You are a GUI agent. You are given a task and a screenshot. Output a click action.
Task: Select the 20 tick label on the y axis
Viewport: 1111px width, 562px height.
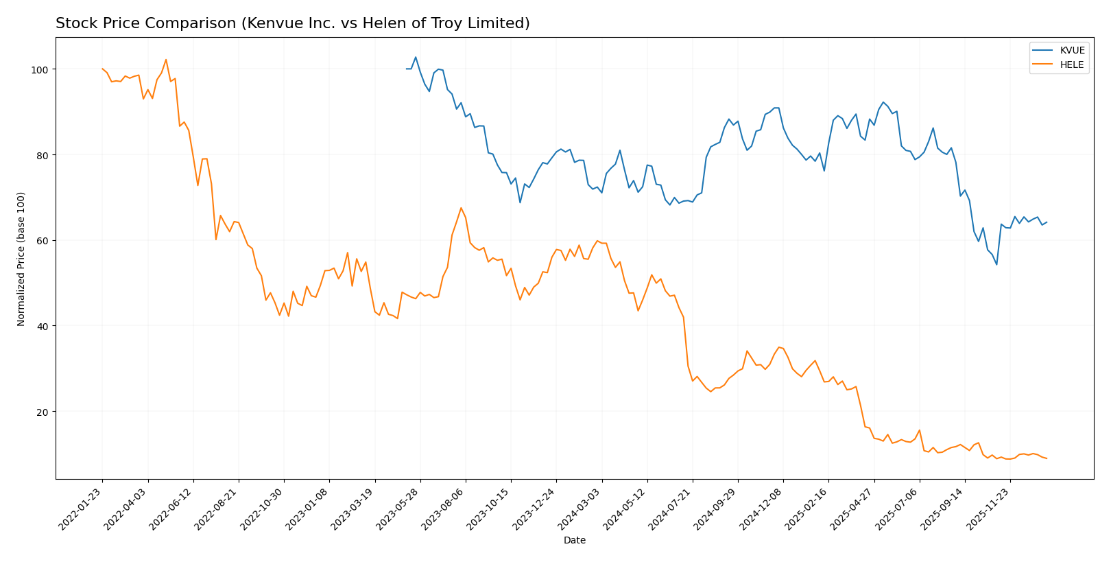(x=43, y=412)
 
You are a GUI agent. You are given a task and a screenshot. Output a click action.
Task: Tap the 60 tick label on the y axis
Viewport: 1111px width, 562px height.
(x=43, y=241)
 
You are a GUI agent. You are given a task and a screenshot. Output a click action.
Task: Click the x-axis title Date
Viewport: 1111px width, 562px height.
(x=575, y=541)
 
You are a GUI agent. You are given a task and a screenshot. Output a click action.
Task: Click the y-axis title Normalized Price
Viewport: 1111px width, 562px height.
(x=21, y=259)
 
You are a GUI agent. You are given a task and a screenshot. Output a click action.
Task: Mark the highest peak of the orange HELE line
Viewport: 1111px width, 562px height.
(x=166, y=59)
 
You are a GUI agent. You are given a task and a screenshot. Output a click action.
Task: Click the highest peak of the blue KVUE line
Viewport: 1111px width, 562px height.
(x=416, y=57)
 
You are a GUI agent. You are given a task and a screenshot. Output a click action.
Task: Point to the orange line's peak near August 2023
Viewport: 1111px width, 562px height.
(x=461, y=208)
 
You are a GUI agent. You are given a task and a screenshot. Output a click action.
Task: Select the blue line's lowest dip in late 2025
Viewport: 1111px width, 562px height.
(x=996, y=265)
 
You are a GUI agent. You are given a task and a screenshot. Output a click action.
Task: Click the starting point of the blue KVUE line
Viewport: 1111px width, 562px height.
(x=407, y=69)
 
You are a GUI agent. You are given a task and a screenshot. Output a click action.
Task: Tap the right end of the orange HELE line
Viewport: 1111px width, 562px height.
(x=1047, y=458)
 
